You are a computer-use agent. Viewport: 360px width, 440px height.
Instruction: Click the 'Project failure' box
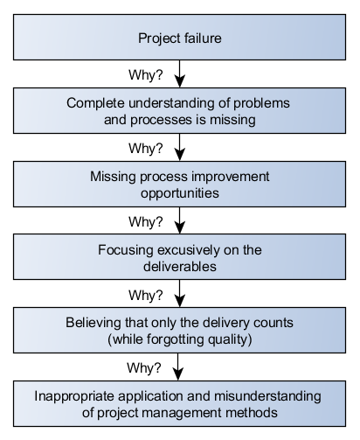click(x=179, y=38)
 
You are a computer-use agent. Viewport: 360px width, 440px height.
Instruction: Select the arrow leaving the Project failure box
click(x=180, y=73)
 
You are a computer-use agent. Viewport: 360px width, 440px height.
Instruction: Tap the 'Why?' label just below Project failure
click(x=146, y=75)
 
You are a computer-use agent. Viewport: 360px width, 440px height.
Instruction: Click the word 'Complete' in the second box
click(x=95, y=103)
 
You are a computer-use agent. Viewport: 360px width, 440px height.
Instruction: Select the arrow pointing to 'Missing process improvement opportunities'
click(x=180, y=147)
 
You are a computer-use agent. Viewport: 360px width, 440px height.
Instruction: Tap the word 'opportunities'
click(x=180, y=193)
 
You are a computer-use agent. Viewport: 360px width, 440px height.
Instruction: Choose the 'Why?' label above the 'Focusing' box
click(x=146, y=222)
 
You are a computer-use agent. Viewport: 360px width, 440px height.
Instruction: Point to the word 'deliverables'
click(x=180, y=267)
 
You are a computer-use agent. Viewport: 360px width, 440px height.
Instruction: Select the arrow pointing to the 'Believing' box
click(x=180, y=293)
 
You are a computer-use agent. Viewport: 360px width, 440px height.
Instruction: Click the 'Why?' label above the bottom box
click(x=144, y=367)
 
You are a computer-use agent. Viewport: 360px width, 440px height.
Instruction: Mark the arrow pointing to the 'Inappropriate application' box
click(x=178, y=367)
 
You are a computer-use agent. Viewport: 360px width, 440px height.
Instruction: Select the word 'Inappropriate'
click(x=74, y=396)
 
